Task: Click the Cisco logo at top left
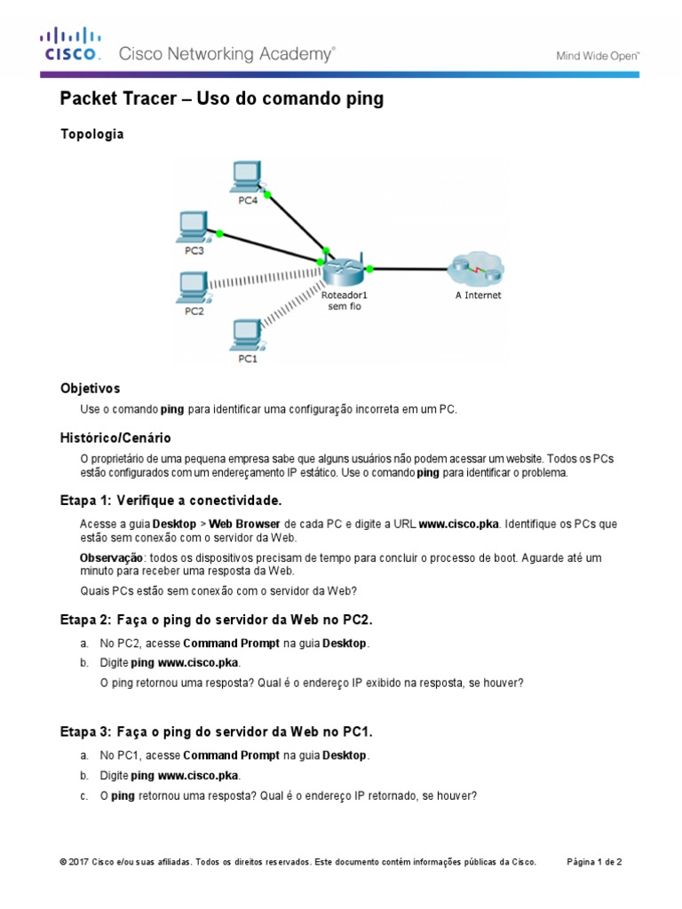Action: click(x=69, y=44)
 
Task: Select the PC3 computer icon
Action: click(x=192, y=227)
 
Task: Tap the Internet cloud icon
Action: click(x=476, y=267)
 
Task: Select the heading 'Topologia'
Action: click(x=91, y=135)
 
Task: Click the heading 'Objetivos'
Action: click(x=90, y=389)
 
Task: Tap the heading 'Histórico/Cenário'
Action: click(x=115, y=438)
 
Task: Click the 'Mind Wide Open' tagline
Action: click(x=598, y=55)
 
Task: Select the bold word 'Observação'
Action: click(x=111, y=557)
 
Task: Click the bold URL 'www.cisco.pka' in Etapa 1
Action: click(x=459, y=525)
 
